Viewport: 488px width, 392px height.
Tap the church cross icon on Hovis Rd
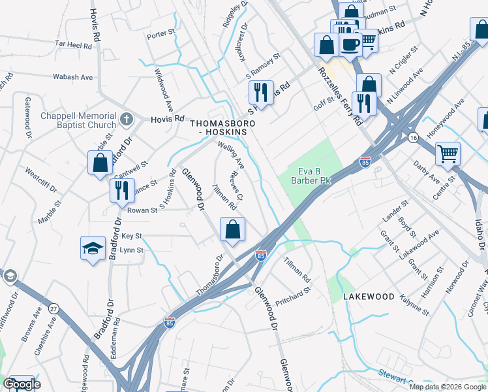point(127,120)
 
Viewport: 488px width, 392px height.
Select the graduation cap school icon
point(93,248)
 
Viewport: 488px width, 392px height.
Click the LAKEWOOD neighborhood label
point(369,297)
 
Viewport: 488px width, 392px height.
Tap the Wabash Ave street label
point(73,77)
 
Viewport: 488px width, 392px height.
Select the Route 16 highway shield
point(413,138)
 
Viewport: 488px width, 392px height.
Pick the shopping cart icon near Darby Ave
point(448,154)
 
